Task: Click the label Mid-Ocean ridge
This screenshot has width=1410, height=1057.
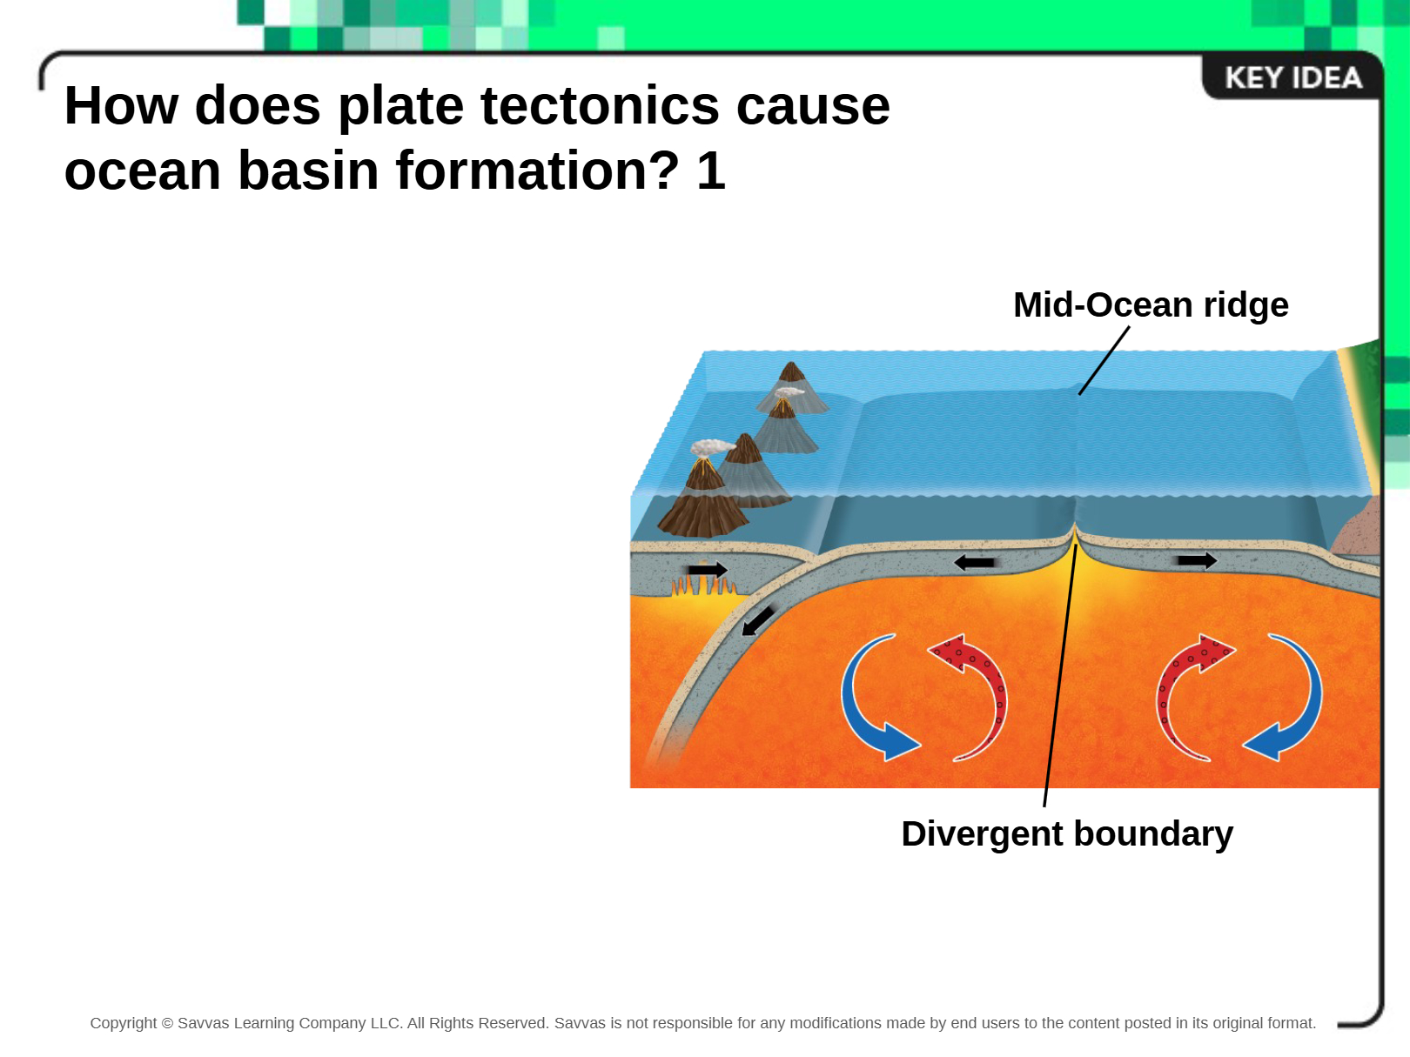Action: coord(1151,304)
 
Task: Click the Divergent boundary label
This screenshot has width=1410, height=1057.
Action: coord(1067,834)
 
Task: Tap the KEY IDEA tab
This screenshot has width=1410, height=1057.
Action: coord(1293,77)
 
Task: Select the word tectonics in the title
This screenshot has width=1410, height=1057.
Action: coord(600,105)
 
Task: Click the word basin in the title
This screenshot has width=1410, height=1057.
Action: coord(308,171)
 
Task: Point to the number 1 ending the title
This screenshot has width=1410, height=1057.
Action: coord(710,171)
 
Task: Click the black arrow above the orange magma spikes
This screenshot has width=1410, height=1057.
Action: coord(708,569)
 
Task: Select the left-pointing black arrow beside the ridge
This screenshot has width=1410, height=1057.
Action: coord(974,563)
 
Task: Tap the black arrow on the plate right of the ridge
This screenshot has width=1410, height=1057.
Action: coord(1198,560)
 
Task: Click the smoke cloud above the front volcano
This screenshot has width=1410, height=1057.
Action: coord(712,447)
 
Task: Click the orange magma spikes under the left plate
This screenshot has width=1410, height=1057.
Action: coord(704,586)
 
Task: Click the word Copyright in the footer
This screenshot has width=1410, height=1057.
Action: coord(124,1023)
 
